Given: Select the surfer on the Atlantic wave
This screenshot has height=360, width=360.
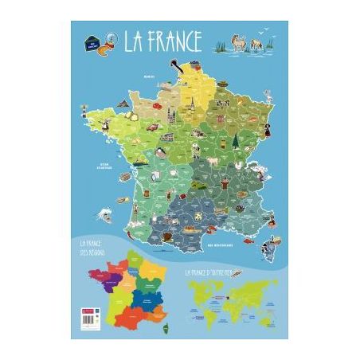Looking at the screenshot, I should coord(103,213).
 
